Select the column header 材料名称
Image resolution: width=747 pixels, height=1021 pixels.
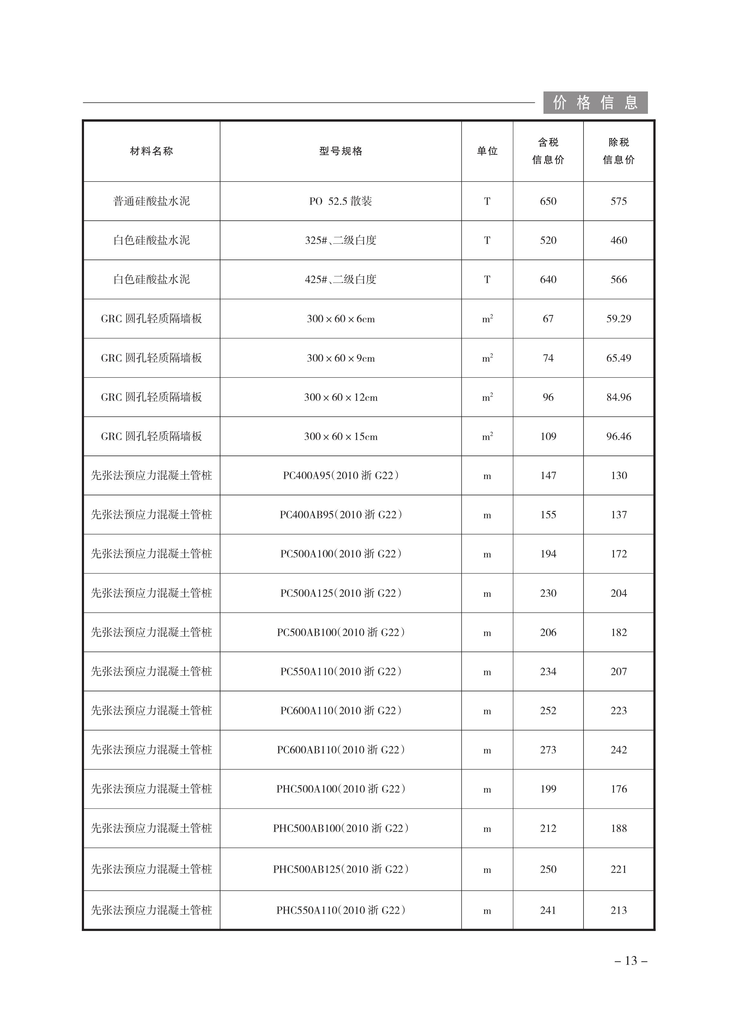[x=151, y=151]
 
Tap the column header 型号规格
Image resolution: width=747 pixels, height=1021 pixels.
[x=341, y=151]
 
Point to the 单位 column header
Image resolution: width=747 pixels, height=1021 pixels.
[x=487, y=151]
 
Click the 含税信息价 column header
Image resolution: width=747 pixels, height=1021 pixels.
[x=548, y=151]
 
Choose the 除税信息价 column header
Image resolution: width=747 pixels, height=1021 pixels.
[x=618, y=151]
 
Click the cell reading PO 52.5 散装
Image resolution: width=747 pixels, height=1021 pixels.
[x=341, y=201]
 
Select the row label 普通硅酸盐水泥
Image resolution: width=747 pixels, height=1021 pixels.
[x=151, y=201]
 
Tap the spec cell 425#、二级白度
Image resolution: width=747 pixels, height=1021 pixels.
[x=341, y=279]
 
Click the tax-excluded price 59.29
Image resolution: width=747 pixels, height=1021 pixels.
[x=618, y=319]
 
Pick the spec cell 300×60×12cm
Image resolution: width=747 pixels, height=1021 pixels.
[x=341, y=397]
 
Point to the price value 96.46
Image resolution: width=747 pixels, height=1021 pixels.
[x=618, y=436]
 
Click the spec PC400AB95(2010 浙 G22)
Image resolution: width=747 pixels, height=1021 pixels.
[x=341, y=515]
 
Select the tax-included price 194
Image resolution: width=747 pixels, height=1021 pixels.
[x=548, y=554]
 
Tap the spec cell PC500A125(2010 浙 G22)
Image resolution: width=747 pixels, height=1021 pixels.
[x=341, y=593]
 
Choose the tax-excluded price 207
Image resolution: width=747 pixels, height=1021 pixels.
[x=618, y=671]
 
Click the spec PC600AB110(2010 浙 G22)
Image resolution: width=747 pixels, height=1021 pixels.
[x=341, y=750]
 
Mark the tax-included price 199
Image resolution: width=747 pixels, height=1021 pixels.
[x=548, y=789]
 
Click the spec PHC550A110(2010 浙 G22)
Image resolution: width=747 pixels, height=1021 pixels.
[x=341, y=910]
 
